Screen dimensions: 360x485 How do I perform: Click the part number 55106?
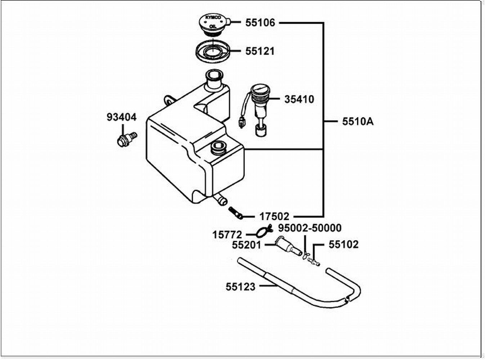pyautogui.click(x=260, y=23)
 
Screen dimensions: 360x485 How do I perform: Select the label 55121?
pyautogui.click(x=260, y=51)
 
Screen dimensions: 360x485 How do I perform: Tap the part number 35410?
pyautogui.click(x=299, y=99)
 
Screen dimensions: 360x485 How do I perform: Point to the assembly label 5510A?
pyautogui.click(x=358, y=122)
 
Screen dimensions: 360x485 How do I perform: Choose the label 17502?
pyautogui.click(x=274, y=216)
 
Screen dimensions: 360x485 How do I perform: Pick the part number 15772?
pyautogui.click(x=227, y=235)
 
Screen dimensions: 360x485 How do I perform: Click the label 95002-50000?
pyautogui.click(x=310, y=228)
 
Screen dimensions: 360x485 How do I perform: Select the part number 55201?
pyautogui.click(x=247, y=245)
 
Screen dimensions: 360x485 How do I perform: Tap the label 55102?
pyautogui.click(x=343, y=244)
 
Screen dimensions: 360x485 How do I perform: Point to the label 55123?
pyautogui.click(x=241, y=287)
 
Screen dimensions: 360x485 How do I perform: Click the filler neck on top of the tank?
pyautogui.click(x=213, y=80)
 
